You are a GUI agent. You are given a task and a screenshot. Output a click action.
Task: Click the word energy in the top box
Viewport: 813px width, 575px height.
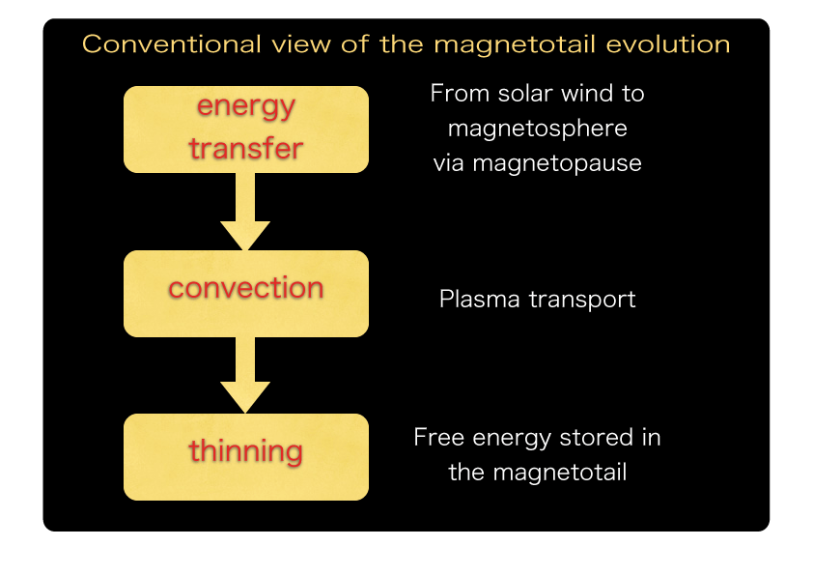click(246, 106)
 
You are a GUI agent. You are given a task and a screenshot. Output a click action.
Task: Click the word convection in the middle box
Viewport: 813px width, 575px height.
click(246, 288)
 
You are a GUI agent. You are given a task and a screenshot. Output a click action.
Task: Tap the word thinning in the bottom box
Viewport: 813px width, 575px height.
click(246, 451)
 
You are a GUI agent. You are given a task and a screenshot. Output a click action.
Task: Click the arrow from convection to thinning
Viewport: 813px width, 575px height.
click(245, 378)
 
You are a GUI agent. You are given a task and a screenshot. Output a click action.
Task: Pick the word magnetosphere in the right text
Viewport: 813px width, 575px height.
click(538, 129)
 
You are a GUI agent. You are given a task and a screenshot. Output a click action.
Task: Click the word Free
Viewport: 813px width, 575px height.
click(439, 438)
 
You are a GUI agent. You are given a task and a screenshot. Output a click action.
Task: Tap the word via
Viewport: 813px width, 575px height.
click(449, 163)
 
